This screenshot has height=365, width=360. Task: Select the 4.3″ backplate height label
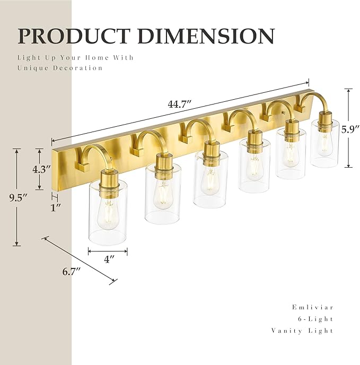coord(41,170)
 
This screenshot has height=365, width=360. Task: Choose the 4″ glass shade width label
coord(109,259)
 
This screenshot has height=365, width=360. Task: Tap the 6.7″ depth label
coord(70,272)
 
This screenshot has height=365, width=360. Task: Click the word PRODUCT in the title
coord(74,36)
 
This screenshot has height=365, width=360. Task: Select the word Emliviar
coord(313,307)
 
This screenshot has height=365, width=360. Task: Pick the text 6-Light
coord(316,319)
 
